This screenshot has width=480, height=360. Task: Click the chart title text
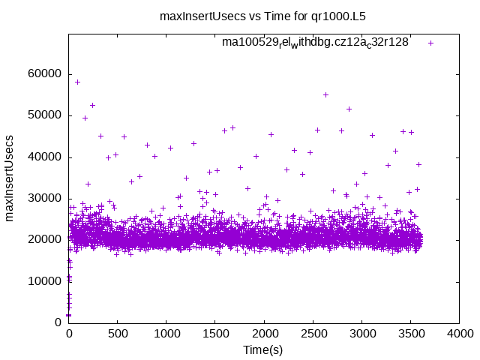pos(268,15)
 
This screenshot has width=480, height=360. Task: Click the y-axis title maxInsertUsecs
pos(10,178)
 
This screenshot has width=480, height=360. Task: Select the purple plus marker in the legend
pos(430,43)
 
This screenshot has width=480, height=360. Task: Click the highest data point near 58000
pos(77,82)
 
